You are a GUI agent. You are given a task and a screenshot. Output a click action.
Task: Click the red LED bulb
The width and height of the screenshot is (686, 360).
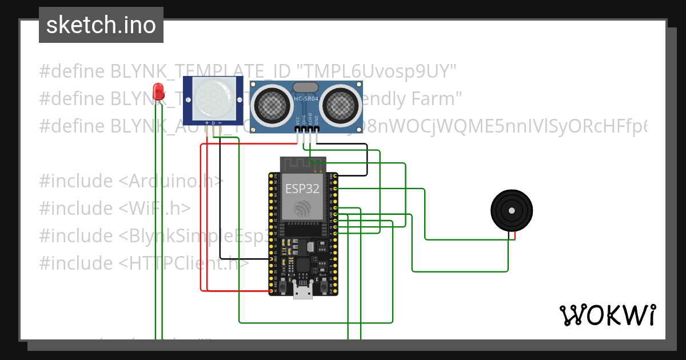point(158,91)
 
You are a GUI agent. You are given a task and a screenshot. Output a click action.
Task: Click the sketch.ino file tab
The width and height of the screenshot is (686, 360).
point(101,25)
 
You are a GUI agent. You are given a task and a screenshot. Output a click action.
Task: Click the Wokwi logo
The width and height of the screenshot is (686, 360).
point(607,315)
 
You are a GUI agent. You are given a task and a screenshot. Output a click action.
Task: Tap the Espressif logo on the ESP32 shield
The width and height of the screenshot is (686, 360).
point(302,208)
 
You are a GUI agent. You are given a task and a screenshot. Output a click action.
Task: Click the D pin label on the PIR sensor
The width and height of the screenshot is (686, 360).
point(213,123)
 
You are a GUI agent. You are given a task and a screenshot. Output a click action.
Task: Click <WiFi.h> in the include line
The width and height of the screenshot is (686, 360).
point(154,209)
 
